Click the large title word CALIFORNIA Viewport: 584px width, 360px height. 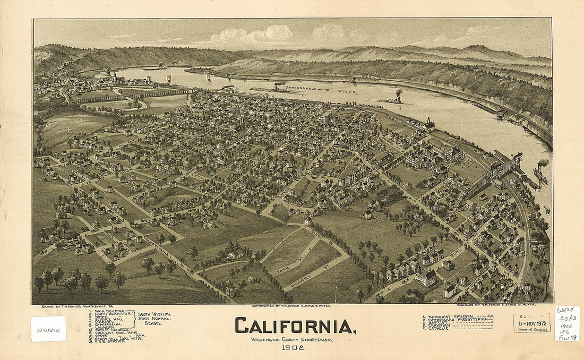tap(295, 325)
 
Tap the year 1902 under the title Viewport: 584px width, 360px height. tap(293, 348)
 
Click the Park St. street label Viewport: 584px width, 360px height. tap(290, 266)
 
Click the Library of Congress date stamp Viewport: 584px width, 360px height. tap(532, 323)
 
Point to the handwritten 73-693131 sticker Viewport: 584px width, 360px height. tap(48, 329)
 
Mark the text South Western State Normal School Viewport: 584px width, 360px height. tap(154, 319)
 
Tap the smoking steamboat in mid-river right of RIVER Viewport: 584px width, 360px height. tap(396, 98)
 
